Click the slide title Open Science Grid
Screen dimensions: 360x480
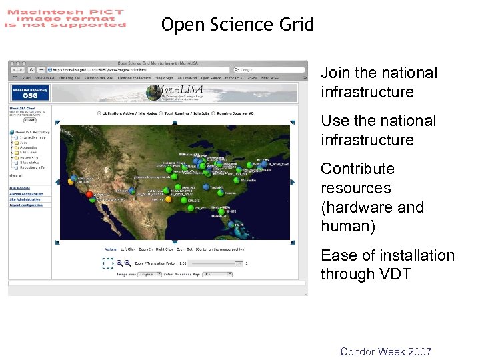pyautogui.click(x=237, y=25)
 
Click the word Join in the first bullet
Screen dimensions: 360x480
pyautogui.click(x=335, y=73)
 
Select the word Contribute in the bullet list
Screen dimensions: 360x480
pyautogui.click(x=357, y=169)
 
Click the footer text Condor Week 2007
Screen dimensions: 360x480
pyautogui.click(x=385, y=351)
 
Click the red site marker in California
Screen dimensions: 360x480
pyautogui.click(x=89, y=194)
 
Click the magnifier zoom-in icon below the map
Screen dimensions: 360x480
pyautogui.click(x=120, y=263)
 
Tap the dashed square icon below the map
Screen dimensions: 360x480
pyautogui.click(x=108, y=263)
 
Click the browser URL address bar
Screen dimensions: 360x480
pyautogui.click(x=133, y=69)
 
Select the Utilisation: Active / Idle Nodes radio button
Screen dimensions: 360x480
pyautogui.click(x=99, y=113)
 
